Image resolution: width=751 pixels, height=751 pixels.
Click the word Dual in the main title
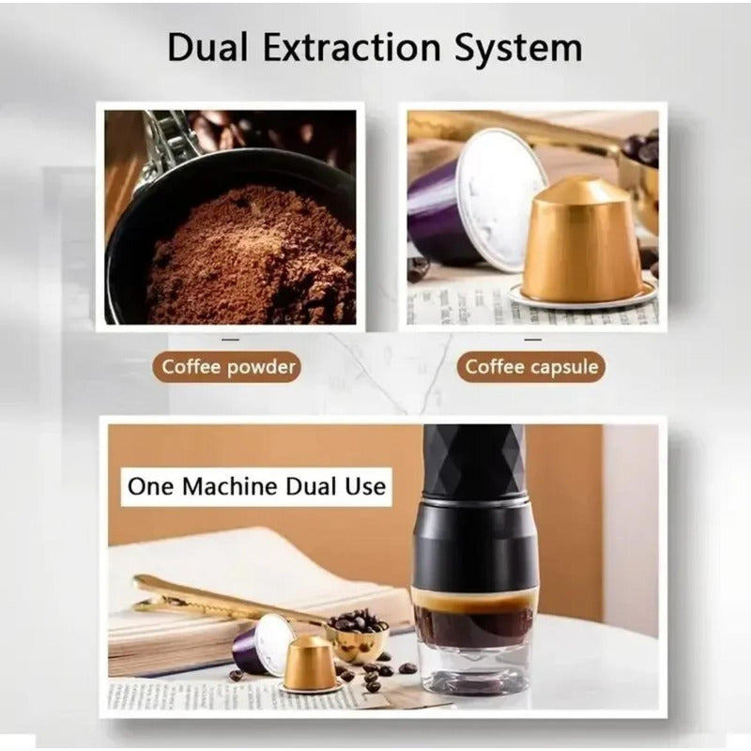tap(207, 48)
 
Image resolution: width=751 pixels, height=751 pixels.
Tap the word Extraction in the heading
tap(352, 48)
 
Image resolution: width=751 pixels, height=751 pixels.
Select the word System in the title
tap(519, 50)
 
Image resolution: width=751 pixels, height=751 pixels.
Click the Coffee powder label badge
tap(227, 367)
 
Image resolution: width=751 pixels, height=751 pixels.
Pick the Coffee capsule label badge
tap(531, 367)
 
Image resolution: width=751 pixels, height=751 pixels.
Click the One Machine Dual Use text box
tap(256, 486)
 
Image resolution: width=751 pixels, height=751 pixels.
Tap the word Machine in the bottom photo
tap(230, 486)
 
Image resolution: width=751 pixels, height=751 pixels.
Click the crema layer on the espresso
tap(474, 598)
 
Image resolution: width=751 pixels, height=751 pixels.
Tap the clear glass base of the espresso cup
tap(473, 667)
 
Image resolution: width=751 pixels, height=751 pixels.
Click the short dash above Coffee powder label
tap(230, 340)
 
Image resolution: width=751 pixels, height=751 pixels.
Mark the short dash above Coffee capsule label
tap(532, 340)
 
